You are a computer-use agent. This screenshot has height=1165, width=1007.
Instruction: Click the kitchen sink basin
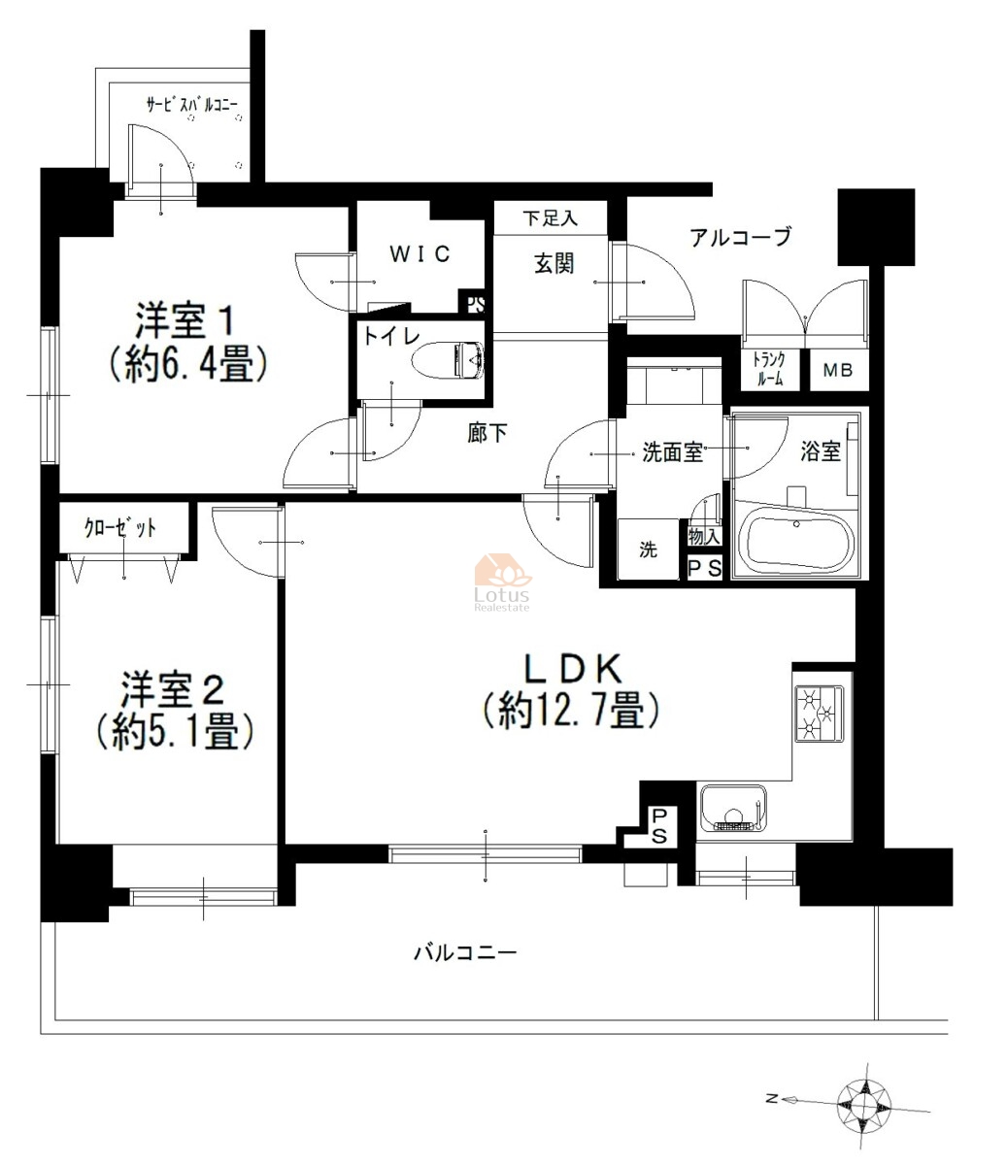click(733, 809)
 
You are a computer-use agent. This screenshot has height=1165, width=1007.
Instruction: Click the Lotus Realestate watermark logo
click(502, 582)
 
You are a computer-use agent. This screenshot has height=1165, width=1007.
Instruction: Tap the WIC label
click(420, 254)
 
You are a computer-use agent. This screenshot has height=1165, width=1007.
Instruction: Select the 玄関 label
click(554, 264)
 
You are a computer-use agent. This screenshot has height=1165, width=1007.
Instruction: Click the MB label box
click(838, 370)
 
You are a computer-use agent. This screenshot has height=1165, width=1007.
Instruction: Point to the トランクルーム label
click(769, 369)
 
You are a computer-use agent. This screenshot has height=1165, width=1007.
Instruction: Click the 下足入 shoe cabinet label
click(550, 218)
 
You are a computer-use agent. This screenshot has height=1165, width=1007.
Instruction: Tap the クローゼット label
click(120, 528)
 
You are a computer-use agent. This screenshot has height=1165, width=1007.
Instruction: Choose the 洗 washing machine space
click(649, 549)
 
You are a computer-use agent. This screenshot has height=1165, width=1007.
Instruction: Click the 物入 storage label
click(704, 537)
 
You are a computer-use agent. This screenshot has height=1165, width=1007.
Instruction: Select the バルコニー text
click(466, 953)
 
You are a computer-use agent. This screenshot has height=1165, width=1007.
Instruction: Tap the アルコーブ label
click(741, 237)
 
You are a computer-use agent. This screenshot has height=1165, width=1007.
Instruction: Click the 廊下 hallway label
click(487, 433)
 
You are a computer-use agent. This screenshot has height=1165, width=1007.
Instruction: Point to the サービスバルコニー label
click(192, 105)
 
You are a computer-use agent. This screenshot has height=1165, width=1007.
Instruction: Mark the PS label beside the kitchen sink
click(659, 826)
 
